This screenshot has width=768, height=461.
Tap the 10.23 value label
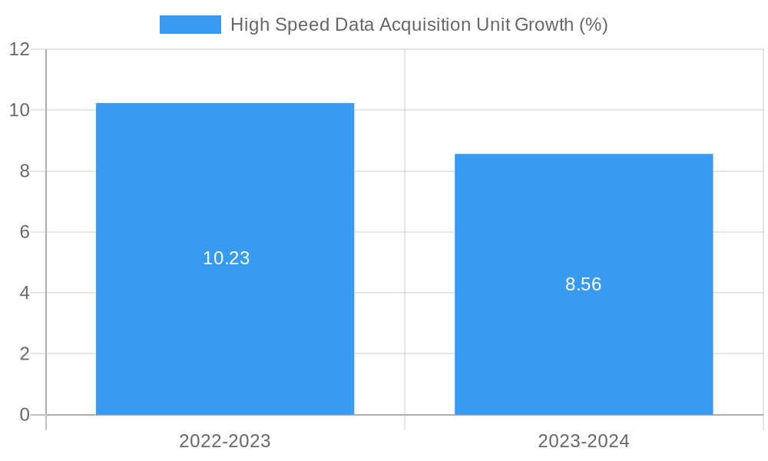pyautogui.click(x=226, y=258)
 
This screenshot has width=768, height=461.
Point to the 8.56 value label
pyautogui.click(x=583, y=284)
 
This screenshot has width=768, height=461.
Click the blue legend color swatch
pyautogui.click(x=190, y=25)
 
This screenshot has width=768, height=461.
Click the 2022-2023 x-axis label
pyautogui.click(x=225, y=441)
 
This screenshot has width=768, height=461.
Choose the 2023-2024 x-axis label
pyautogui.click(x=584, y=441)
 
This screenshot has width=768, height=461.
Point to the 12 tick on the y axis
pyautogui.click(x=19, y=49)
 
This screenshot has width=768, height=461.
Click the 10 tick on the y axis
pyautogui.click(x=19, y=110)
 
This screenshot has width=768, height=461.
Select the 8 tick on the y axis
pyautogui.click(x=25, y=171)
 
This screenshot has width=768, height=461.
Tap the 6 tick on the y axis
pyautogui.click(x=25, y=232)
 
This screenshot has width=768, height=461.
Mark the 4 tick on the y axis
pyautogui.click(x=25, y=293)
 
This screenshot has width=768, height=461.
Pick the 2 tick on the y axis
pyautogui.click(x=25, y=353)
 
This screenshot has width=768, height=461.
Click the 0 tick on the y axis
pyautogui.click(x=25, y=415)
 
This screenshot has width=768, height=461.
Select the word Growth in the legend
pyautogui.click(x=544, y=25)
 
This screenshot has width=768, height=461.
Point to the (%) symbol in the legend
pyautogui.click(x=594, y=25)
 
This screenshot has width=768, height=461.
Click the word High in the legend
pyautogui.click(x=248, y=25)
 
